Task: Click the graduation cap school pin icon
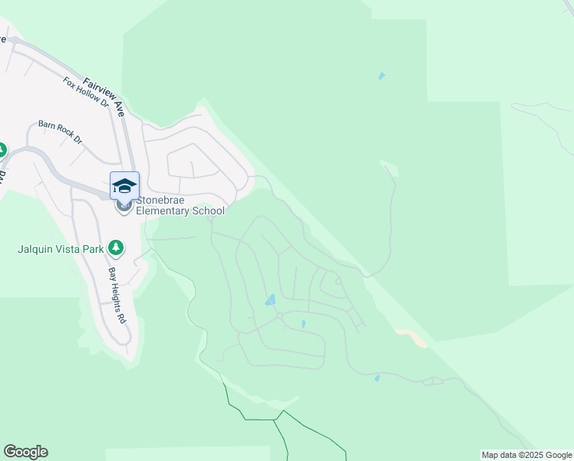pyautogui.click(x=124, y=187)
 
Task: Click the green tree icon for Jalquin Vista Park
pyautogui.click(x=116, y=247)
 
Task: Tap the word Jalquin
pyautogui.click(x=36, y=249)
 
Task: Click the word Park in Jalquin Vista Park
pyautogui.click(x=96, y=249)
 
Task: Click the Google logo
pyautogui.click(x=25, y=452)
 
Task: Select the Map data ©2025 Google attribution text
pyautogui.click(x=526, y=456)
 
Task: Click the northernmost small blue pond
pyautogui.click(x=381, y=76)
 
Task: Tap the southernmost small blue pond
pyautogui.click(x=376, y=378)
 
